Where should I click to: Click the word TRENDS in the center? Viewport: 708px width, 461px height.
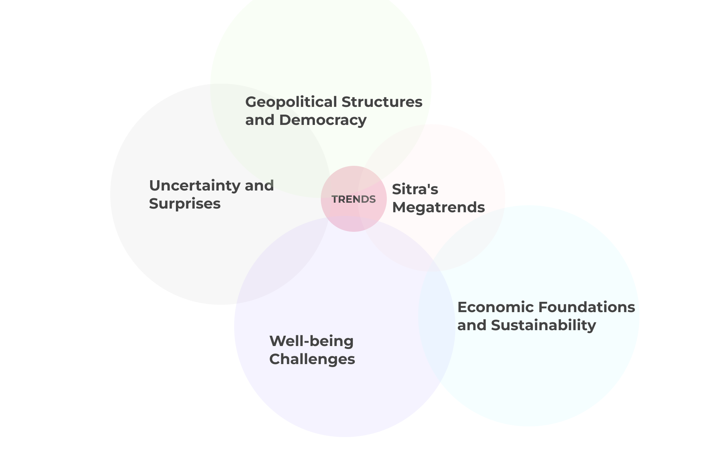click(354, 199)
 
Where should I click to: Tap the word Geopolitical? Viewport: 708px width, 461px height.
click(291, 102)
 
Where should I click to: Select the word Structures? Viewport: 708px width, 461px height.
click(382, 102)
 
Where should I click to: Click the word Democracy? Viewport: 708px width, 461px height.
click(323, 120)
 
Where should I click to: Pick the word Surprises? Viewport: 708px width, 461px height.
click(185, 204)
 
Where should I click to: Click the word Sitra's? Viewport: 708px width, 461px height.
click(415, 189)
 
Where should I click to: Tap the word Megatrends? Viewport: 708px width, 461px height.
click(438, 207)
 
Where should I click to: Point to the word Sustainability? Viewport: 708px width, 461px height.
click(543, 325)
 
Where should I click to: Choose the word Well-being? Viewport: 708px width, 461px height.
click(311, 341)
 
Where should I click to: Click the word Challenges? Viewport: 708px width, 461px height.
click(312, 359)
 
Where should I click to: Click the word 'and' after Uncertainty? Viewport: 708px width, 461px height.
click(259, 186)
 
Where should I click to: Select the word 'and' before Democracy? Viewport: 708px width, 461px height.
click(260, 120)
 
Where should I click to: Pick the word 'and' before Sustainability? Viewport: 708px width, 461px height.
click(472, 325)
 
